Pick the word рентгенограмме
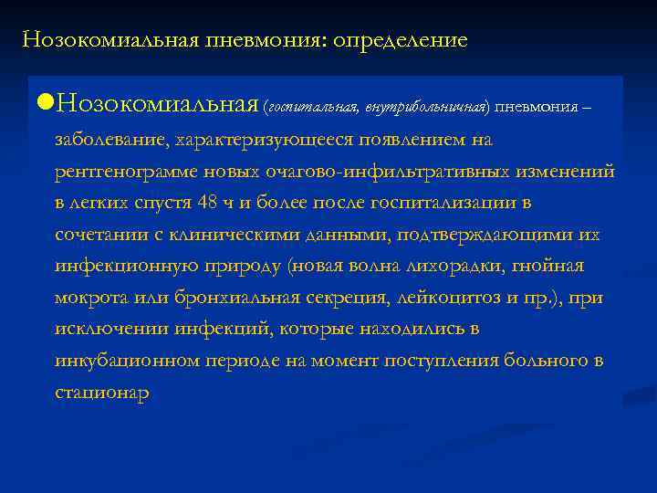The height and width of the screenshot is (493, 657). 122,171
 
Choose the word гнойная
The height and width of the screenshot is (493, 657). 551,267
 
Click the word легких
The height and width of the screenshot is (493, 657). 101,203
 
